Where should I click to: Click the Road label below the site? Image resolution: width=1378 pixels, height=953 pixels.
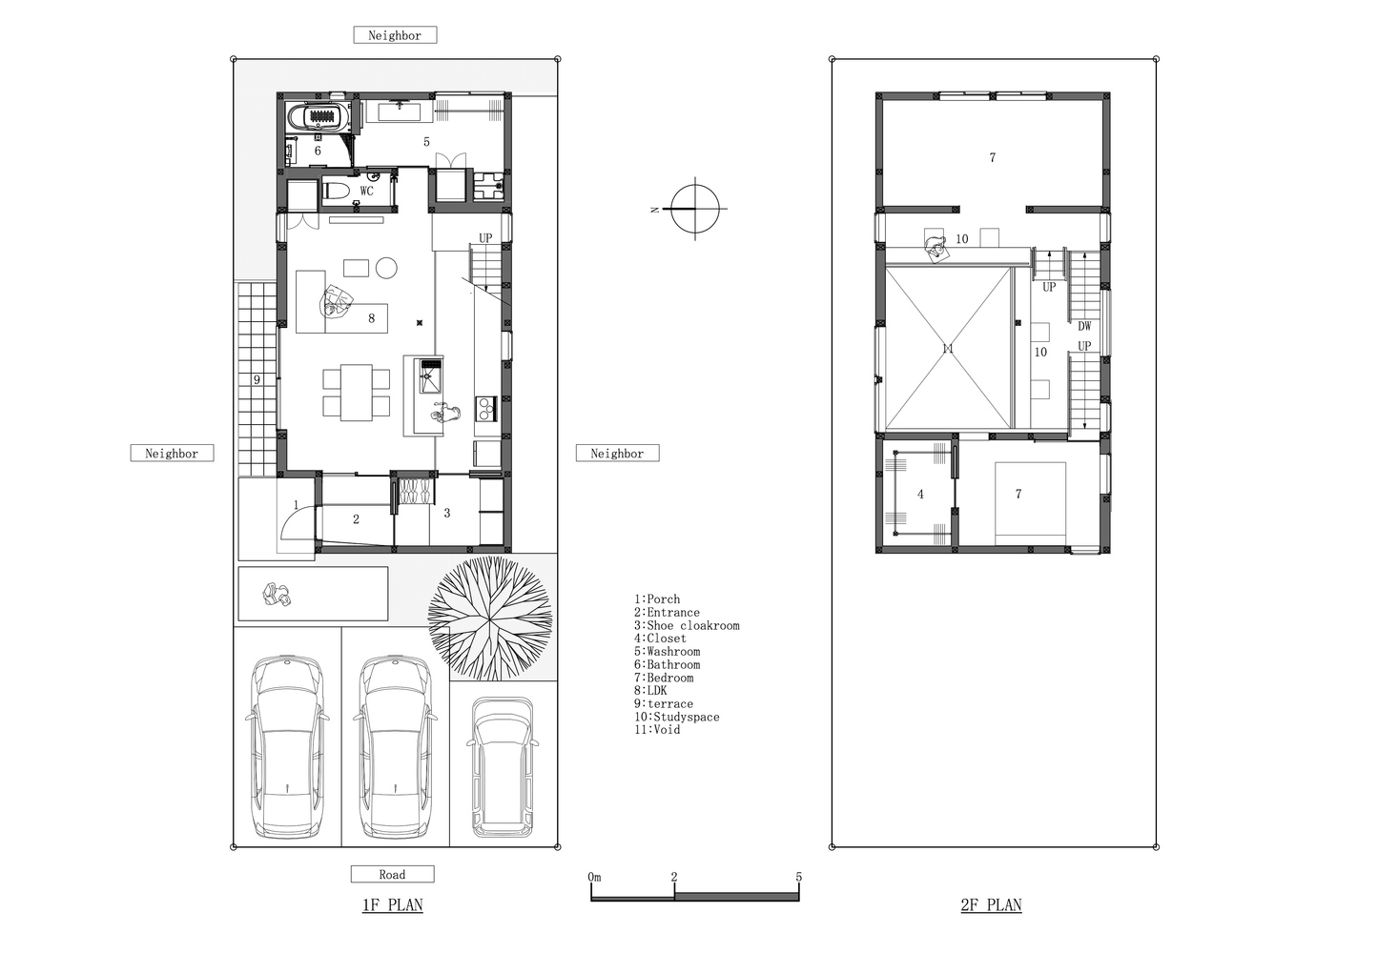(393, 874)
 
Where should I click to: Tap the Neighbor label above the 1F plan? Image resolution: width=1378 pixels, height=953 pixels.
(395, 35)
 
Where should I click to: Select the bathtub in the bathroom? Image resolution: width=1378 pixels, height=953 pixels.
(319, 117)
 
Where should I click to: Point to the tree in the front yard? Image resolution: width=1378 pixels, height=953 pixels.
(489, 618)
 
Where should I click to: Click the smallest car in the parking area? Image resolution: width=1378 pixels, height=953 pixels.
(502, 767)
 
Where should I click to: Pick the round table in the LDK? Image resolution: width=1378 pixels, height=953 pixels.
(386, 268)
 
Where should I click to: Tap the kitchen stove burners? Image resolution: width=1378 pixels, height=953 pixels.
(486, 409)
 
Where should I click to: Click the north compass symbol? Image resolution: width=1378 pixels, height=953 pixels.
(694, 209)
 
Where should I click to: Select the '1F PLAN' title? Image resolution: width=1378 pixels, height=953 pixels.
(393, 905)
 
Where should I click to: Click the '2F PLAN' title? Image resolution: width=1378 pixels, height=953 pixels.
(991, 905)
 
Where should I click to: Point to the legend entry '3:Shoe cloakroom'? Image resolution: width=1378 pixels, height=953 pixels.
(687, 625)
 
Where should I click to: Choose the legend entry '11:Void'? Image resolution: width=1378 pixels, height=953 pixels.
(657, 730)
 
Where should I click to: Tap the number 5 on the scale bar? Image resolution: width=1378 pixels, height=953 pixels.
(798, 877)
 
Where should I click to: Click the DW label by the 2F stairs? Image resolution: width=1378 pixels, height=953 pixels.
(1084, 327)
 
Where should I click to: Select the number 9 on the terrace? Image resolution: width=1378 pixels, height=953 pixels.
(257, 380)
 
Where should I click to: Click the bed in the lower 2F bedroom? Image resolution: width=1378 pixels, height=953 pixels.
(1031, 503)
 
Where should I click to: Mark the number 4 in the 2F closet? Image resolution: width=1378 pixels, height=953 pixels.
(920, 494)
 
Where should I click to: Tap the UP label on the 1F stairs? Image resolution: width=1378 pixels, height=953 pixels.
(485, 238)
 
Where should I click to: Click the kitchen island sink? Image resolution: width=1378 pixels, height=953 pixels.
(431, 375)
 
